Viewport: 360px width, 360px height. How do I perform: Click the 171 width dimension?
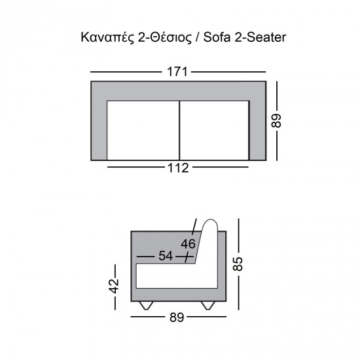click(177, 71)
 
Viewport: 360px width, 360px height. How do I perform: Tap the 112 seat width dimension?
click(178, 168)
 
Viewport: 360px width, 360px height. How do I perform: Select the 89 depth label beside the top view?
click(276, 120)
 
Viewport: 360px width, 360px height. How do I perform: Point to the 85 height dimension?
click(238, 263)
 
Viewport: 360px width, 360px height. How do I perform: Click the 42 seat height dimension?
click(114, 286)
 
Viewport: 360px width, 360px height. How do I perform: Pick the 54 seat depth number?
click(166, 256)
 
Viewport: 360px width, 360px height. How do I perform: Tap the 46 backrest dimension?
click(188, 244)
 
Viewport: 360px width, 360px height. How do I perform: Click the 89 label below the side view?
click(177, 317)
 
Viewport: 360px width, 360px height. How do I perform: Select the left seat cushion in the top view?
click(143, 130)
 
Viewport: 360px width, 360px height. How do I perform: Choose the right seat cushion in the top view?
click(214, 130)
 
